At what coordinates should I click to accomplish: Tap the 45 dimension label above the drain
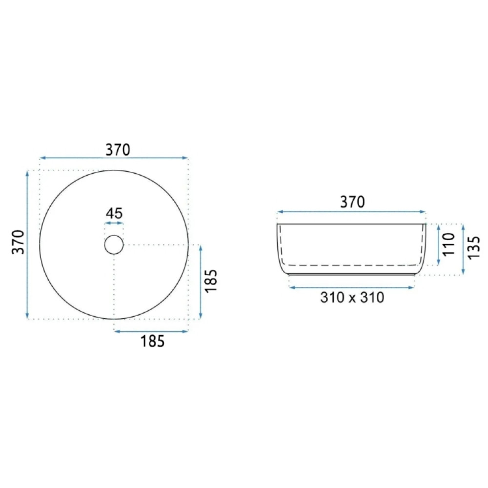114,214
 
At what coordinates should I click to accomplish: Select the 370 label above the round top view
118,150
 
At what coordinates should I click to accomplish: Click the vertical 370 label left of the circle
18,242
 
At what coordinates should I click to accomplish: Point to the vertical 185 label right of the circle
211,281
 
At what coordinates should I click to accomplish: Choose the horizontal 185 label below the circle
152,342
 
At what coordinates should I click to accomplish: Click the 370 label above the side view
353,203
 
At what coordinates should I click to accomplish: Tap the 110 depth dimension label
449,244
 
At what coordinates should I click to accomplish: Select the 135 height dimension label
474,248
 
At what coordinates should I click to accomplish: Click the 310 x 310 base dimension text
352,298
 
